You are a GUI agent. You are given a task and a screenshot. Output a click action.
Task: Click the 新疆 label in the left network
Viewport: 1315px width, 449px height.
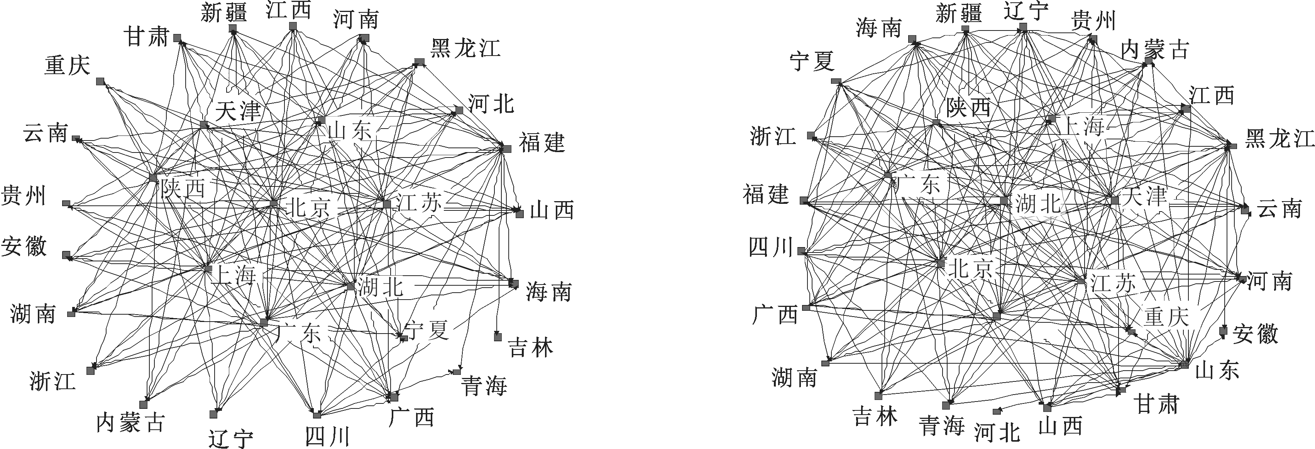pos(223,12)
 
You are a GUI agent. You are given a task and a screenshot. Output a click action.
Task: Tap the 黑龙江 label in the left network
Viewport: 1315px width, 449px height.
pos(465,49)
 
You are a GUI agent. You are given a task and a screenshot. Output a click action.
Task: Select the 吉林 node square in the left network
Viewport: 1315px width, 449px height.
pos(498,336)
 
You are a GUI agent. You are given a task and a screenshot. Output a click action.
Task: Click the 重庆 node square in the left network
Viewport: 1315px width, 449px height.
pos(101,82)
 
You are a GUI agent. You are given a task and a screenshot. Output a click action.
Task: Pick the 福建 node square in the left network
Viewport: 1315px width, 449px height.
pos(506,149)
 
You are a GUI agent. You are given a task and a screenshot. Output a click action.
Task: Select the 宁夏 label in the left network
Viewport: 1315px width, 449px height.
pos(426,330)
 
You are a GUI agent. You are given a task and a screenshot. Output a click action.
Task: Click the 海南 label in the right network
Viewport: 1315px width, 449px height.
pos(878,28)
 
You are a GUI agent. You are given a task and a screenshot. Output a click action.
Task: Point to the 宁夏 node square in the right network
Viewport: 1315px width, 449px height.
pos(836,81)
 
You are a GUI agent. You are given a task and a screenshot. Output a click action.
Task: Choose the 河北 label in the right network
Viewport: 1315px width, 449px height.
pos(997,433)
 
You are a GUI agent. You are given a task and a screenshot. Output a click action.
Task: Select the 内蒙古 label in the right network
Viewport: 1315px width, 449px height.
pos(1155,50)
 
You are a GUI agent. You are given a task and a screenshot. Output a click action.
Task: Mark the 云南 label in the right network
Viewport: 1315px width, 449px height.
pos(1279,209)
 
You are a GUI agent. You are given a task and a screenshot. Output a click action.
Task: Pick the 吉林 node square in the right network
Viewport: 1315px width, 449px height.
pos(878,395)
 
